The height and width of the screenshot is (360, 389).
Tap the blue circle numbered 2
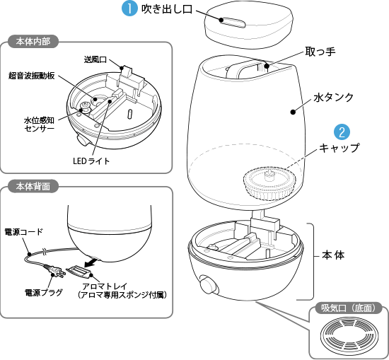(x=342, y=132)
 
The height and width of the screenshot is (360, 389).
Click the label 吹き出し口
(x=167, y=10)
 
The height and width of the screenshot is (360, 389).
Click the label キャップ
(x=339, y=149)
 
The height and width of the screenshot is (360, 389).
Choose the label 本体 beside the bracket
(x=333, y=255)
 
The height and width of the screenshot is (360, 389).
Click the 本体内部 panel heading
(x=32, y=42)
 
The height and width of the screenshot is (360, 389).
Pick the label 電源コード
(x=24, y=231)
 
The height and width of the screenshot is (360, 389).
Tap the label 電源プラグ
(x=44, y=291)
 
